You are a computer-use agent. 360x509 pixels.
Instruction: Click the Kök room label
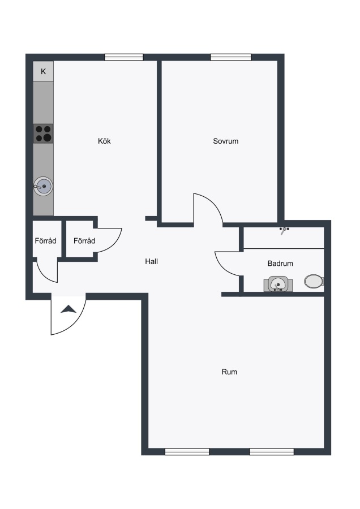(104, 141)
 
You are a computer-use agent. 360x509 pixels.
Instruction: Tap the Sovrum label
(225, 141)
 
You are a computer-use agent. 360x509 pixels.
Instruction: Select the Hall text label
(151, 261)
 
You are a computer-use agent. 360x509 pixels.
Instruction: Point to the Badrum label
(280, 263)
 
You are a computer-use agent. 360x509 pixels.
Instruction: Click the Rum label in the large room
(229, 372)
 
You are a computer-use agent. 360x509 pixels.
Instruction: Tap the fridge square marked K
(43, 71)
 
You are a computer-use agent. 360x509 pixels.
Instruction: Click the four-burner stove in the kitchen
(43, 133)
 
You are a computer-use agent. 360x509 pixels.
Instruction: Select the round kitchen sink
(43, 186)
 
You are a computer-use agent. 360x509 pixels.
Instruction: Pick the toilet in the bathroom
(314, 281)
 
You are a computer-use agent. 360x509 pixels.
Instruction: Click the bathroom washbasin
(278, 284)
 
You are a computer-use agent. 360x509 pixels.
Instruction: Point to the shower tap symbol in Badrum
(284, 230)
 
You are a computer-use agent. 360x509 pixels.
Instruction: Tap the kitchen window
(124, 57)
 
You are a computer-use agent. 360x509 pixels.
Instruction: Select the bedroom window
(231, 57)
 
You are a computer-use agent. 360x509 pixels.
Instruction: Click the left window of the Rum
(187, 451)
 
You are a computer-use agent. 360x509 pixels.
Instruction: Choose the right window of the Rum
(272, 451)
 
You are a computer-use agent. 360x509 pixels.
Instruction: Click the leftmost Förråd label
(45, 240)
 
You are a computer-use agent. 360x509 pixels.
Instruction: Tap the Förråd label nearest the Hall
(84, 240)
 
